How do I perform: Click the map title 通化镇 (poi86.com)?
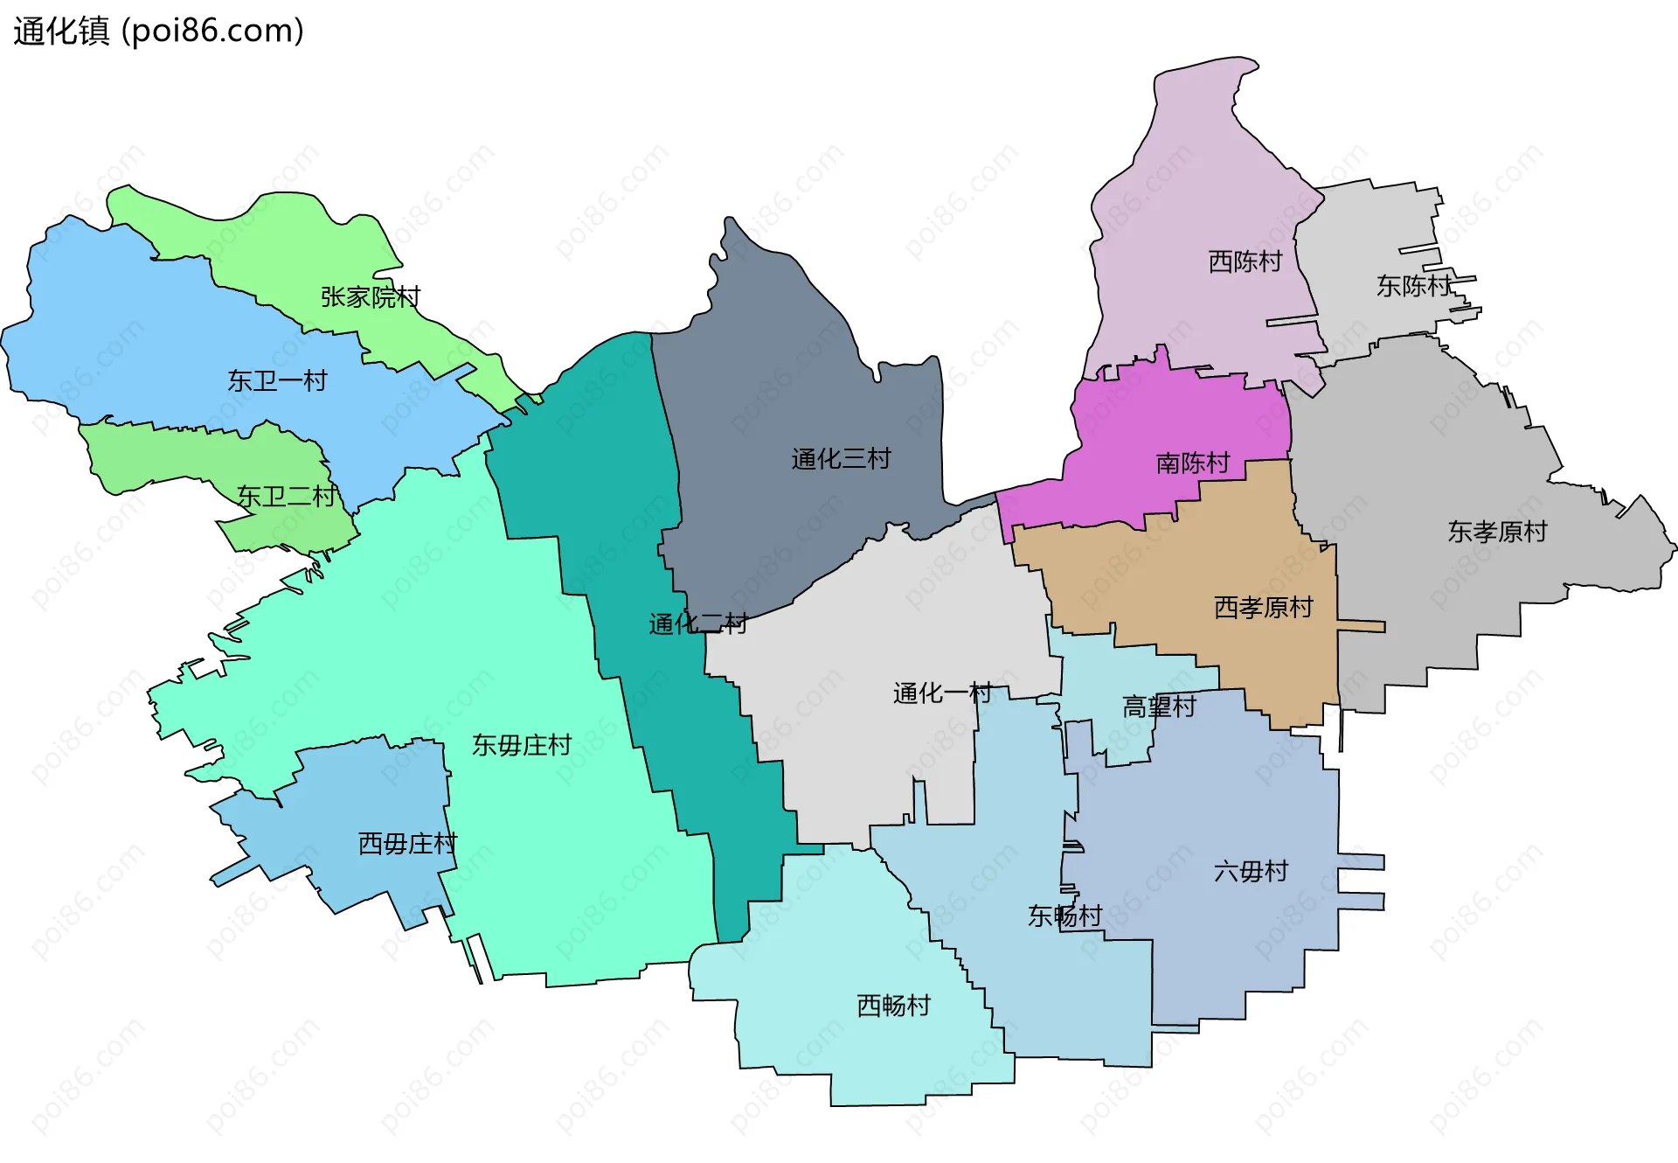point(158,31)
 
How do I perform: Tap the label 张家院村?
point(371,297)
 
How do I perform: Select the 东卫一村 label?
point(277,380)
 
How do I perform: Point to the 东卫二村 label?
point(287,497)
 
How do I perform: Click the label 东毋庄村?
point(522,745)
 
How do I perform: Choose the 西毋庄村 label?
point(408,844)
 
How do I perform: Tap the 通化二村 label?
point(698,623)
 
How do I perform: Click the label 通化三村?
point(841,459)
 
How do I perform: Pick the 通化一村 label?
point(942,693)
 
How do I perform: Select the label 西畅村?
point(893,1006)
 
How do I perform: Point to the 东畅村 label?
point(1064,916)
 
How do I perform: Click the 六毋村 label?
point(1251,871)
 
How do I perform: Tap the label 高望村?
point(1159,707)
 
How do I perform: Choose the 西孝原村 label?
point(1264,607)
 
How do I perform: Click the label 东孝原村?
point(1497,532)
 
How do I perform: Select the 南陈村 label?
point(1193,463)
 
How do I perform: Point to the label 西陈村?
point(1245,261)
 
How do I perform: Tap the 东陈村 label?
point(1413,286)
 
